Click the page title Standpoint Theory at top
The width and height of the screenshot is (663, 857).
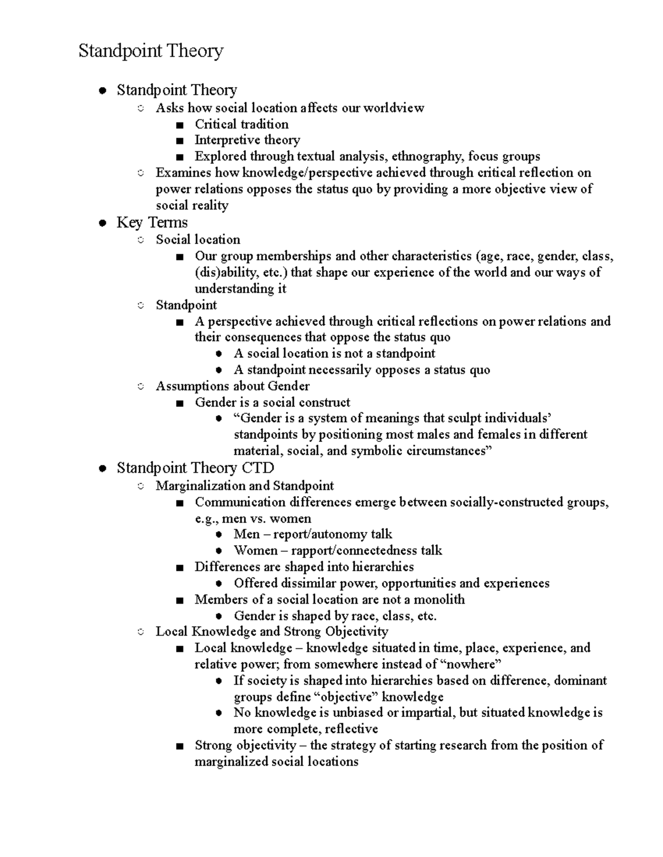coord(151,51)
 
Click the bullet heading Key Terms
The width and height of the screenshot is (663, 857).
coord(152,222)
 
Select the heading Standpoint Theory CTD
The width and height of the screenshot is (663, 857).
coord(195,468)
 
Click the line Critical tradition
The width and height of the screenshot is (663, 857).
coord(241,124)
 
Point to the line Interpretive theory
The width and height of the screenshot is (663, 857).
coord(247,140)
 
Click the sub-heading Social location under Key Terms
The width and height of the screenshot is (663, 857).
coord(198,239)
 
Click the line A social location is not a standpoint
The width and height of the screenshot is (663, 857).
coord(334,353)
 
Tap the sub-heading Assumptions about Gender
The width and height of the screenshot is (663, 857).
coord(232,386)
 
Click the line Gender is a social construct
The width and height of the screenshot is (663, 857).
coord(272,402)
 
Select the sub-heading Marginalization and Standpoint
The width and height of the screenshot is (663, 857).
coord(245,486)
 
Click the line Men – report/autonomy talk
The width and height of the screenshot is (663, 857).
coord(313,534)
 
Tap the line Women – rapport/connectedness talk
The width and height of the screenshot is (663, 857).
coord(338,550)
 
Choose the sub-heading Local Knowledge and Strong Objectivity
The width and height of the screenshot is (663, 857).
coord(272,631)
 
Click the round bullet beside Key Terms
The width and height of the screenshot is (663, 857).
coord(102,223)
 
